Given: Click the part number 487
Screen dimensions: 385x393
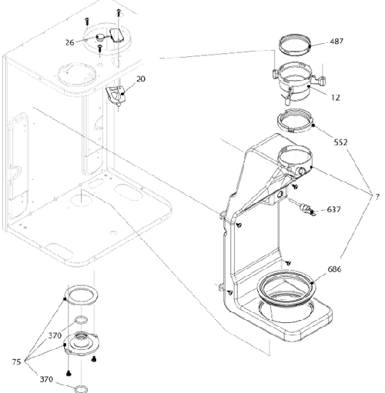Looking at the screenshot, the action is pyautogui.click(x=336, y=42).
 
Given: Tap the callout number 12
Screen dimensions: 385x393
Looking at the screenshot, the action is pyautogui.click(x=336, y=98).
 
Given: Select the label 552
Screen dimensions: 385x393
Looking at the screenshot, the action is pyautogui.click(x=341, y=142).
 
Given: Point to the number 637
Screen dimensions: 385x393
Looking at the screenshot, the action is pyautogui.click(x=334, y=209).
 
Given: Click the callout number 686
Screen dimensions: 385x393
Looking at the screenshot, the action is pyautogui.click(x=334, y=269).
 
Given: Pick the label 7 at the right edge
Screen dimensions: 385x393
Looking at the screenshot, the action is pyautogui.click(x=377, y=197).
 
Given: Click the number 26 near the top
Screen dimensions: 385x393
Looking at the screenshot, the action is pyautogui.click(x=69, y=42).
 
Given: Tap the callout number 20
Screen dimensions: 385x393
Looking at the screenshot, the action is pyautogui.click(x=141, y=79).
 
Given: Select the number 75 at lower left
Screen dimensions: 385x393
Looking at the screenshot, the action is pyautogui.click(x=16, y=362).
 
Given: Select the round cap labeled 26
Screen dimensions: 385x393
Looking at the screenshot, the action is pyautogui.click(x=100, y=38).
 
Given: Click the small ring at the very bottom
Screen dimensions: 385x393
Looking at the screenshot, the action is pyautogui.click(x=81, y=388).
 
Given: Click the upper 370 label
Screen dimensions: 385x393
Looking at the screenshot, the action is pyautogui.click(x=55, y=335).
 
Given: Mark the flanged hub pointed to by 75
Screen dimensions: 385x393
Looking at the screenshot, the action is pyautogui.click(x=81, y=344).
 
